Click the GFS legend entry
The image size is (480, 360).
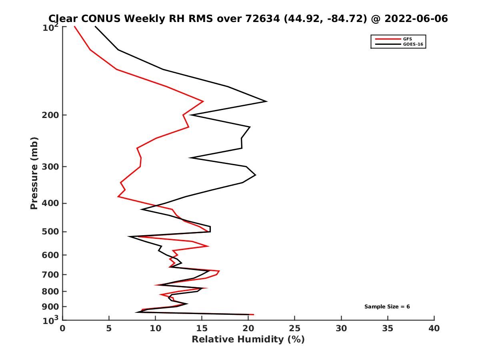[408, 39]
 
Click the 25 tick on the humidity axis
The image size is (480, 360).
[295, 328]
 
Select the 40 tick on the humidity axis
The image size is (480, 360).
[434, 328]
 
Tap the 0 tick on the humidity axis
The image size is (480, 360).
[62, 328]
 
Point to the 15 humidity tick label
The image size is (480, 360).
[202, 328]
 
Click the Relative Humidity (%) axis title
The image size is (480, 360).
[248, 340]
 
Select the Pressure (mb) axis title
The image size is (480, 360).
[34, 173]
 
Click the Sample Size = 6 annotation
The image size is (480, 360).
[387, 307]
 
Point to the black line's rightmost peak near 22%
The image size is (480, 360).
[266, 102]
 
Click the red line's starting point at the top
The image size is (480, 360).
[74, 26]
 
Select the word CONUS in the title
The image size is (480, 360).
[100, 19]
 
